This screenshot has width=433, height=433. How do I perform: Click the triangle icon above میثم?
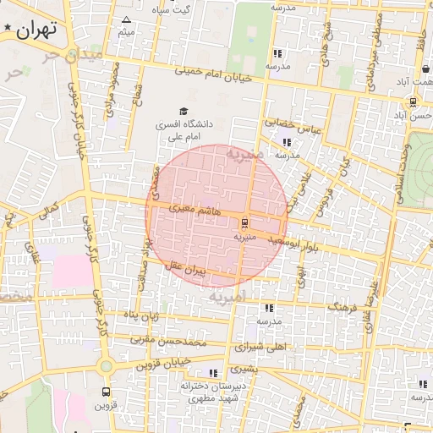coord(127,19)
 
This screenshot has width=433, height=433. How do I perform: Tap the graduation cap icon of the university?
coord(183,111)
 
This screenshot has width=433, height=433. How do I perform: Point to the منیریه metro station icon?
coord(244,223)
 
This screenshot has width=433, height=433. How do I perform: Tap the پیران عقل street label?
coord(188,269)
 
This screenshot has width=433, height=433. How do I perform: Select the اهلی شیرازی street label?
coord(264,347)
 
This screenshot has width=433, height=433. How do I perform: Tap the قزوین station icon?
coord(106,392)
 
